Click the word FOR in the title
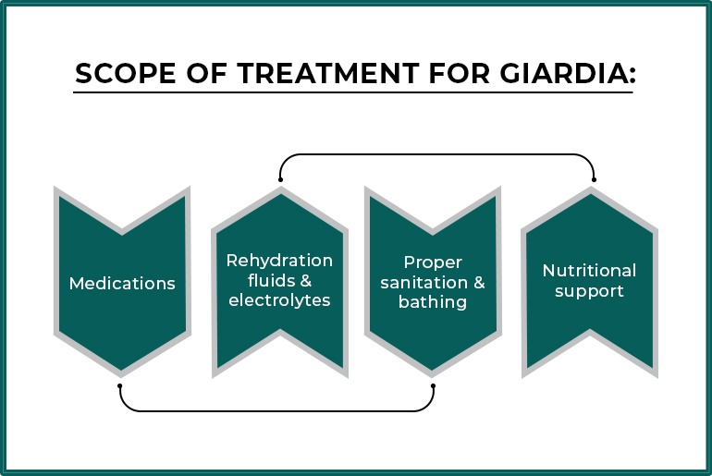[442, 74]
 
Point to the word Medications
[122, 283]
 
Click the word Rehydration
[279, 261]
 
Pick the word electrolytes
[279, 301]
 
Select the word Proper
[433, 262]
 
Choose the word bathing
[433, 302]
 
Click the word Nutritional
[589, 271]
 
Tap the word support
[589, 291]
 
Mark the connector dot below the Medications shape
[120, 385]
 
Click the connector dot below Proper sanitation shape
[433, 385]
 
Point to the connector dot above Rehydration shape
[280, 179]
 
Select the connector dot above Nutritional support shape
[594, 179]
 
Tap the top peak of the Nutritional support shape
[591, 191]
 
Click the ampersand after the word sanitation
[479, 283]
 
